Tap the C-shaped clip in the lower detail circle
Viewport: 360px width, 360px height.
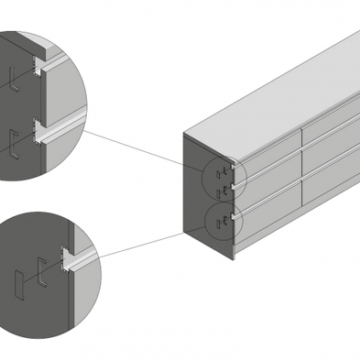click(x=42, y=272)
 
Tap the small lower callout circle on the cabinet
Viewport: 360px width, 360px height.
click(x=221, y=218)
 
